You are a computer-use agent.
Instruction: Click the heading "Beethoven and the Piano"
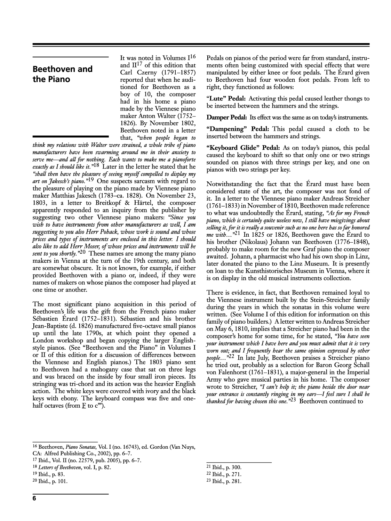pos(63,74)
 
